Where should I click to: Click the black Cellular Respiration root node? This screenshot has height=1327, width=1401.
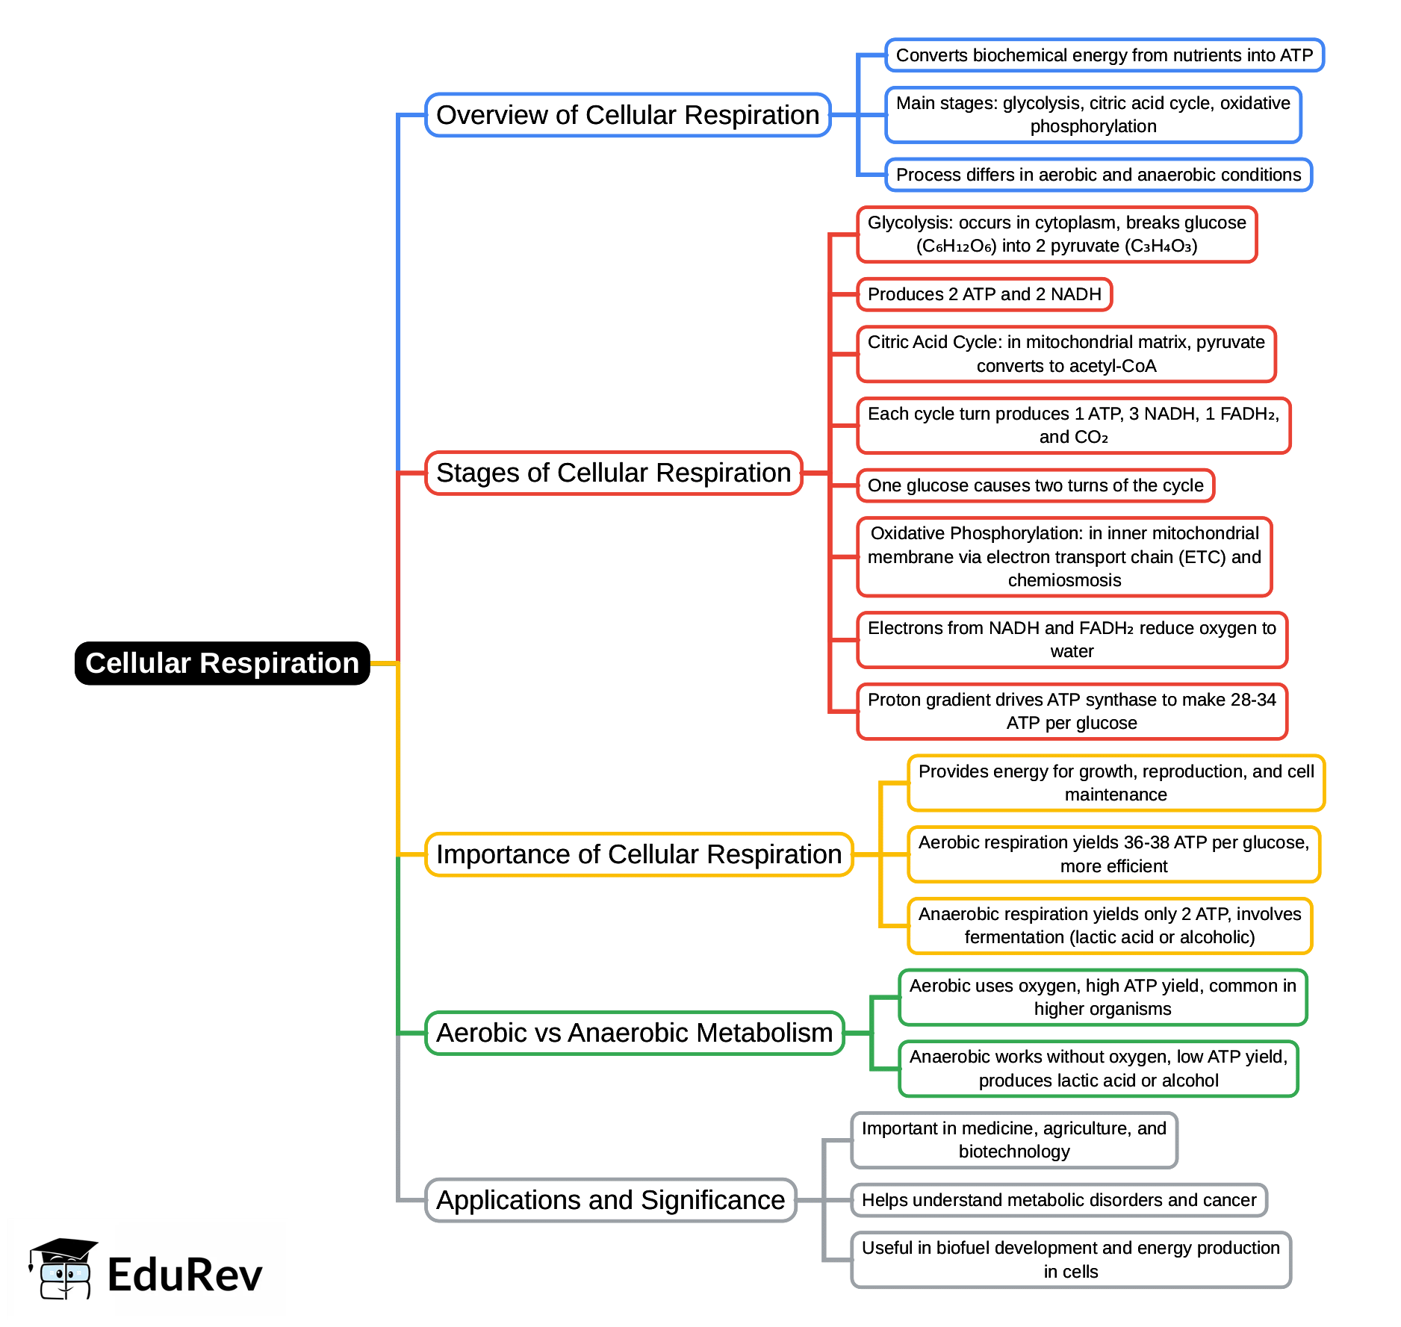(222, 663)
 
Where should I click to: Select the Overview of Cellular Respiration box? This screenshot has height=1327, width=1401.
(627, 115)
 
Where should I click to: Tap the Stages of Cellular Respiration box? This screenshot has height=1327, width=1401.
(613, 473)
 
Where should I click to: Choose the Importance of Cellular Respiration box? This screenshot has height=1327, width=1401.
(639, 854)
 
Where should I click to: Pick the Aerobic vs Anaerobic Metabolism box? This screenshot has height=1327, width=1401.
(634, 1033)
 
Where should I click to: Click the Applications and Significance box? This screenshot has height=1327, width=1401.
(610, 1200)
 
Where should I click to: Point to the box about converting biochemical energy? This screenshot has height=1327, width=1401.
(1104, 55)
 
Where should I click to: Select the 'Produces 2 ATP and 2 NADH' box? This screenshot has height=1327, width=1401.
(984, 294)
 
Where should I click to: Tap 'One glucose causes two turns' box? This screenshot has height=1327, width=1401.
(1035, 485)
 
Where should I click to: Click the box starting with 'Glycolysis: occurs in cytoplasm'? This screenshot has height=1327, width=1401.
(1057, 234)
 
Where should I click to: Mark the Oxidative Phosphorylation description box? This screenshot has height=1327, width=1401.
(1064, 557)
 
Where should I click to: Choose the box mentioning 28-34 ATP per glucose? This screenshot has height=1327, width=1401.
(1072, 712)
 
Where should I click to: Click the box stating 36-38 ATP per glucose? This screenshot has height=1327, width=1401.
(1113, 854)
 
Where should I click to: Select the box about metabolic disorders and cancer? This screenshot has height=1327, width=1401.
(1059, 1200)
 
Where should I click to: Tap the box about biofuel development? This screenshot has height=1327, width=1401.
(1071, 1260)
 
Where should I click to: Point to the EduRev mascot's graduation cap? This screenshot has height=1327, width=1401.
(64, 1249)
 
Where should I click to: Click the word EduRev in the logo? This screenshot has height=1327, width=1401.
(184, 1275)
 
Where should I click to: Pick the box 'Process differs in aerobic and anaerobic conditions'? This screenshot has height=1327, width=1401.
(1098, 175)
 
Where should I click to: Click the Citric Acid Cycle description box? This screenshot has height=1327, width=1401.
(1066, 354)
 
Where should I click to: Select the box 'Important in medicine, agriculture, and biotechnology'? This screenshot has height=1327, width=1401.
(1013, 1140)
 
